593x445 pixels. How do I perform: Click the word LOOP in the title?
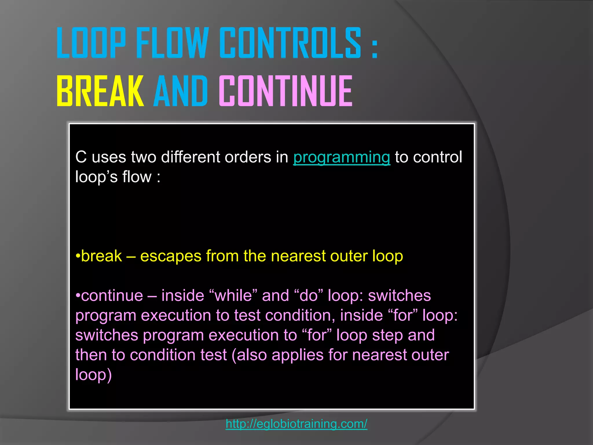pos(91,43)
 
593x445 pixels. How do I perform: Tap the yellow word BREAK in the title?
pos(100,91)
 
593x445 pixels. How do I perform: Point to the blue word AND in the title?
pos(181,91)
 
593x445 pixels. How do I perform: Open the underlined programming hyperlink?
pos(342,157)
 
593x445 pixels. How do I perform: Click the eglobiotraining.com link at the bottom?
pos(296,424)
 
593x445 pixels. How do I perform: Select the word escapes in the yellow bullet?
pos(171,256)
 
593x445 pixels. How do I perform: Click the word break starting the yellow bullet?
pos(101,256)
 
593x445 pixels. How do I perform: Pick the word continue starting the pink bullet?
pos(112,296)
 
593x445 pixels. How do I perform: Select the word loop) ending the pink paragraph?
pos(93,375)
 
